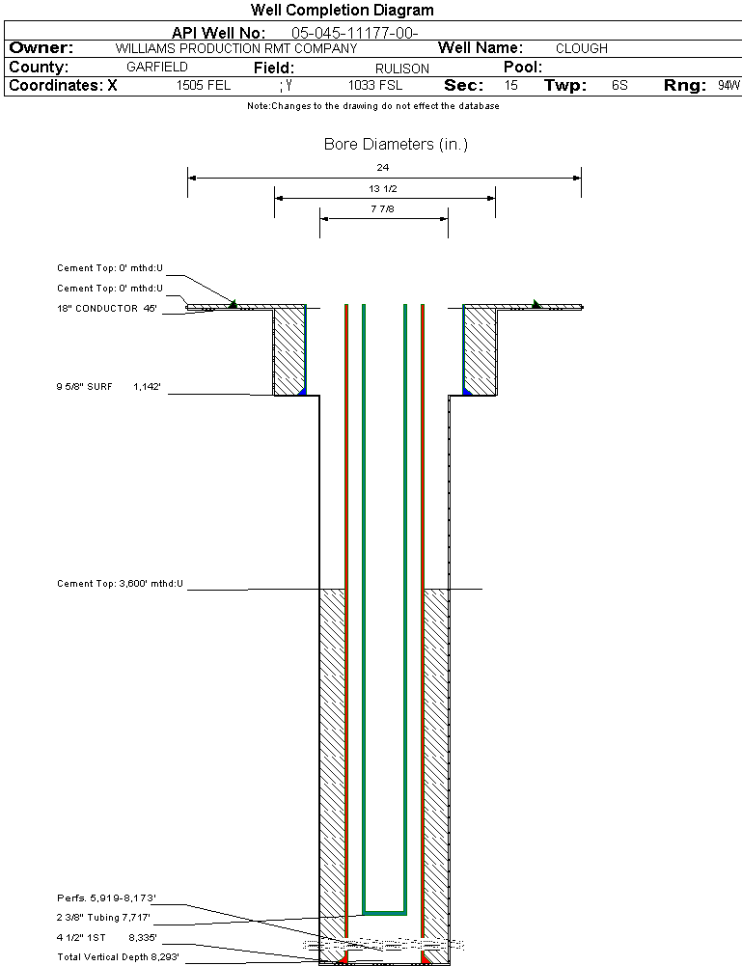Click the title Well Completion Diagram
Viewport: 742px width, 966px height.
click(342, 11)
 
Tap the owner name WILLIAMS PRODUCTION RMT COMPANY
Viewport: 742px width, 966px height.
click(235, 48)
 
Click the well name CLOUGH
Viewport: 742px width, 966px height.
click(582, 48)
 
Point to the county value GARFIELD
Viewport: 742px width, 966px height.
click(157, 68)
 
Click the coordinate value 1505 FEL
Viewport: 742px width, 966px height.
click(204, 86)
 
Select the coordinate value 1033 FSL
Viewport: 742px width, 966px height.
click(375, 86)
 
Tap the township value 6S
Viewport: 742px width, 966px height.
click(619, 86)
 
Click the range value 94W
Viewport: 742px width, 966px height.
click(728, 86)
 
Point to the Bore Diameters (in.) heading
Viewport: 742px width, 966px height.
click(396, 145)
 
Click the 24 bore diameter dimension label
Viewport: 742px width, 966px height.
click(383, 168)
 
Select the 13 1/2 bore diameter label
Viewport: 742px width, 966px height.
click(383, 189)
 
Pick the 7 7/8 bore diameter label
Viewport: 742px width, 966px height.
click(383, 209)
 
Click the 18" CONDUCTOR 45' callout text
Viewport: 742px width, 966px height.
click(107, 309)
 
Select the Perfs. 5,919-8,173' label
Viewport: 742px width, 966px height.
click(106, 899)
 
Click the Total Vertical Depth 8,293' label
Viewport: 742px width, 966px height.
click(118, 957)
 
